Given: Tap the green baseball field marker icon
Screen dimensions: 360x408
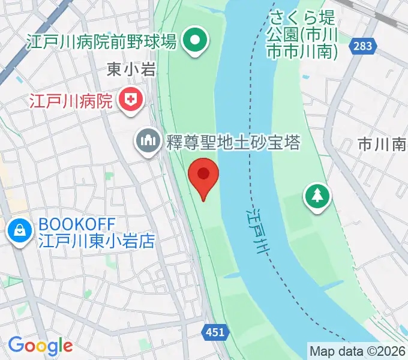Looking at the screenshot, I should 195,41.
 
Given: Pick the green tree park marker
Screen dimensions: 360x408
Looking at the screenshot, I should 317,196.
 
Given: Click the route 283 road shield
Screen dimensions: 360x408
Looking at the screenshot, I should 362,46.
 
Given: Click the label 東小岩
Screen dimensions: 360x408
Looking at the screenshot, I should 131,70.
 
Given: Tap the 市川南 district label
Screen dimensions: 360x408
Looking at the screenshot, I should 382,144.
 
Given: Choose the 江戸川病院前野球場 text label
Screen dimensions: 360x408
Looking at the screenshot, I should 101,41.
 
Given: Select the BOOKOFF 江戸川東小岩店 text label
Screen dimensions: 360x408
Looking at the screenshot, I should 96,233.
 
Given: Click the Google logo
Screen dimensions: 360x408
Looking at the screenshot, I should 40,346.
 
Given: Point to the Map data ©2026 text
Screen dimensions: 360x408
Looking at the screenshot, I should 356,350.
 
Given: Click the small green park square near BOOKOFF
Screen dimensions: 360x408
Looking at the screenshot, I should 109,176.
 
